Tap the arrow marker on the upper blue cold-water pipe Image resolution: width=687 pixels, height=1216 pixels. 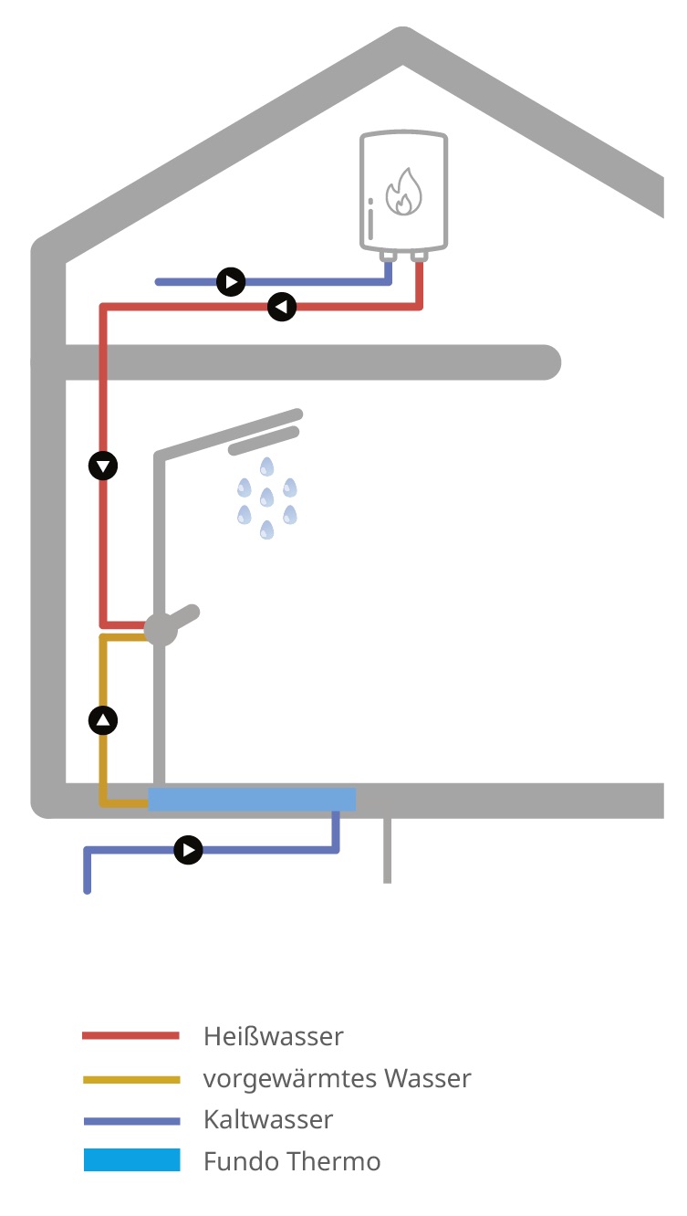tap(231, 282)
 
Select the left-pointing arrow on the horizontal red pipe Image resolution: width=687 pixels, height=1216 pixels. tap(282, 307)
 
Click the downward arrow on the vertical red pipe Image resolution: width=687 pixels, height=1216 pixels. tap(103, 466)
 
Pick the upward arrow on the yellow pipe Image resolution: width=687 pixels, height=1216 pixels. tap(103, 720)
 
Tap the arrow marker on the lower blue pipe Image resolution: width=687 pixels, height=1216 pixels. tap(188, 850)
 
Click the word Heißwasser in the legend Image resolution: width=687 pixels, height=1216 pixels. tap(274, 1036)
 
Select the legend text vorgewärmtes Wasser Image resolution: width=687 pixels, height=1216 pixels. tap(337, 1078)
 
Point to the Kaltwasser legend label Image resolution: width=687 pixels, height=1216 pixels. tap(268, 1119)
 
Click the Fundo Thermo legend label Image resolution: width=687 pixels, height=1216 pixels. tap(292, 1161)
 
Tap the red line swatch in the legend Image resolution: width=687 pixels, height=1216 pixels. tap(130, 1036)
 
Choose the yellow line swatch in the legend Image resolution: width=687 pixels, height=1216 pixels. tap(131, 1080)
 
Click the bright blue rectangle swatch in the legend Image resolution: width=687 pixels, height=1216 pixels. tap(132, 1159)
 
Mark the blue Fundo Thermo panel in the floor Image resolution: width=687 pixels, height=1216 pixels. tap(252, 799)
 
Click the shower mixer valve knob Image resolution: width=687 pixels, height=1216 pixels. tap(161, 630)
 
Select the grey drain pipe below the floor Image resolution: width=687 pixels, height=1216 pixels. tap(388, 851)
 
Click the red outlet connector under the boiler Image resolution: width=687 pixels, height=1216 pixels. tap(419, 257)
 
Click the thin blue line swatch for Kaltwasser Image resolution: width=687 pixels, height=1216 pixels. tap(132, 1122)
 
